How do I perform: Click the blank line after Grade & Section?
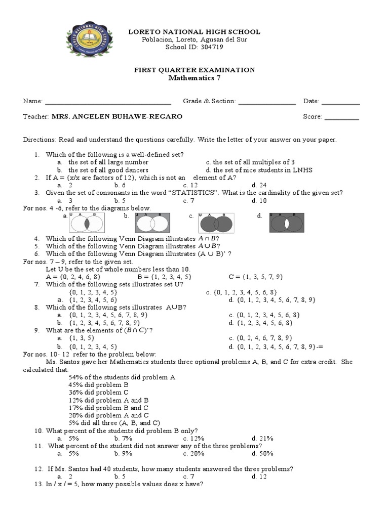coord(266,102)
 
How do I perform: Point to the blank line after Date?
coord(340,102)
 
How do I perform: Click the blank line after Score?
coord(341,117)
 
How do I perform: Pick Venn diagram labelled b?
coord(151,222)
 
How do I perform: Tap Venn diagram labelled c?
coord(216,222)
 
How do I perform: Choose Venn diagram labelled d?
coord(286,222)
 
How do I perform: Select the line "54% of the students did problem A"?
coord(122,377)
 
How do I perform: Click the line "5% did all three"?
coord(114,423)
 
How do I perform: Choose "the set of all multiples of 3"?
coord(254,162)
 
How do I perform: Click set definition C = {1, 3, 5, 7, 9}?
coord(256,277)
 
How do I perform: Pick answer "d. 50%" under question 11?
coord(262,454)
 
